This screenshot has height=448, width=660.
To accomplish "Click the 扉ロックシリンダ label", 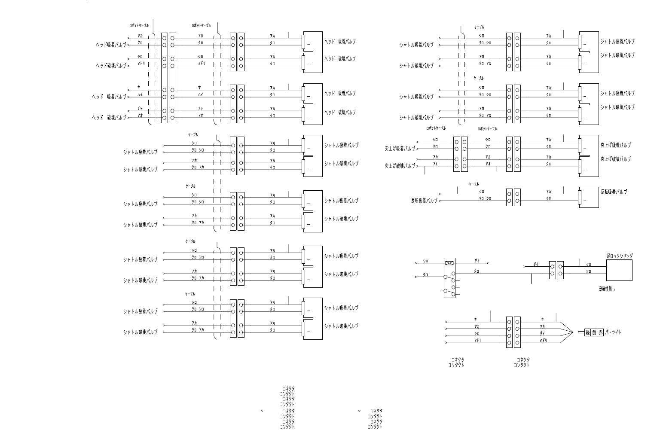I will coord(619,256).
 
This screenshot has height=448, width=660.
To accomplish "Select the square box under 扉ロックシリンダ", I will coord(619,270).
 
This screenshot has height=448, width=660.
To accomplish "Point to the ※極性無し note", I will coord(607,289).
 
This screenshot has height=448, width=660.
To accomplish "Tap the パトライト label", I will coord(613,332).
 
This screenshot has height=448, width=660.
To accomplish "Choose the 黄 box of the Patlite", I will coord(595,332).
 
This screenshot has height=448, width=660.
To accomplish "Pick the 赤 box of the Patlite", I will coord(601,332).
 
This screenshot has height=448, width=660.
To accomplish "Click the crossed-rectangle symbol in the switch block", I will coord(449,263).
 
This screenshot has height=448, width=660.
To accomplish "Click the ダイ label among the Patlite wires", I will coord(542,333).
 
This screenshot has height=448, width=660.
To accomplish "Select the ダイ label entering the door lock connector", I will coord(536,264).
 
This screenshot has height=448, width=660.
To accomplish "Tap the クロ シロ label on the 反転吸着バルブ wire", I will coord(485,198).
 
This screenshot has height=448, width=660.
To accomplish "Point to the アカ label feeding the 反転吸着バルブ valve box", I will coord(549,192).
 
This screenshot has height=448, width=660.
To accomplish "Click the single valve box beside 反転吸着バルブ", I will coord(588,197).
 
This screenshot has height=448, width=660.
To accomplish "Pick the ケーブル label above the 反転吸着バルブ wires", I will coord(474,184).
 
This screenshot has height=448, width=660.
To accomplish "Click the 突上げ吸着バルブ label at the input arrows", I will coord(400,149).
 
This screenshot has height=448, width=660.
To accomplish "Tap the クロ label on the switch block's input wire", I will coord(425,275).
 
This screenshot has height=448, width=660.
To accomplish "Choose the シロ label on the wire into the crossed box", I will coord(425,261).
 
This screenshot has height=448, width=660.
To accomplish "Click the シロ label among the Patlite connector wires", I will coord(477,333).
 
